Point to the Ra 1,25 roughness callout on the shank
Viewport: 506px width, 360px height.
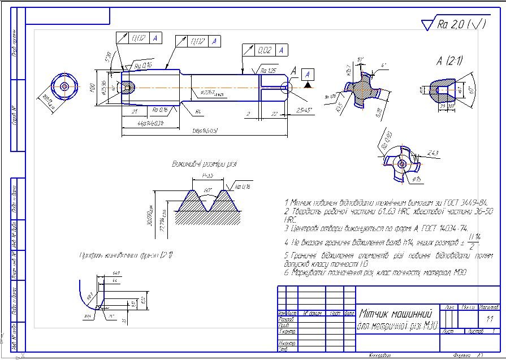coord(268,70)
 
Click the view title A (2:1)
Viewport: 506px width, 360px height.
coord(449,61)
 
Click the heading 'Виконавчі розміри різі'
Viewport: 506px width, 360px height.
coord(204,164)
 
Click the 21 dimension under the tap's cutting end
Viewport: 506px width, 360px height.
coord(134,112)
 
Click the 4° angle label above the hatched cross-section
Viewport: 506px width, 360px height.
coord(383,66)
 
